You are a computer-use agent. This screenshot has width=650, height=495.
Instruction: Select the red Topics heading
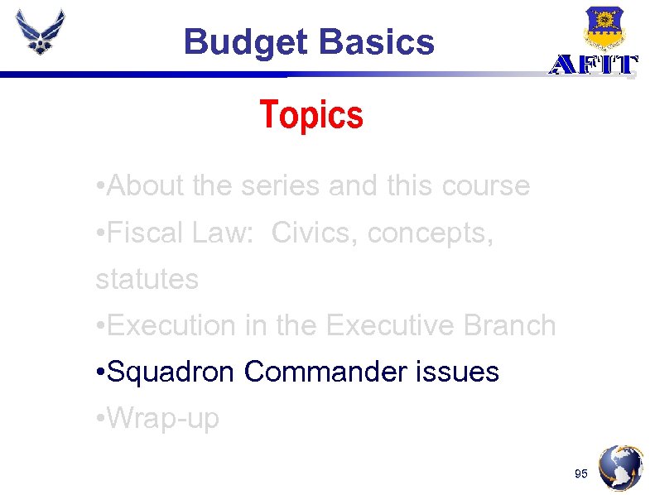tap(311, 115)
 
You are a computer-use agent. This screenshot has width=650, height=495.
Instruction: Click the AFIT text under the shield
tap(594, 65)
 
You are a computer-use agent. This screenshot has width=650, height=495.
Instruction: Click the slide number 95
tap(580, 473)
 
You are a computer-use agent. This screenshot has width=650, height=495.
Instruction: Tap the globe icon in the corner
tap(621, 468)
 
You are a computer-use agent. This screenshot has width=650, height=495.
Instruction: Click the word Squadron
tap(172, 372)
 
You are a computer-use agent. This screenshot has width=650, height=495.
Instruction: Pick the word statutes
tap(147, 280)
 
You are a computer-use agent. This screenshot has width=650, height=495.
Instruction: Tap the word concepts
tap(431, 233)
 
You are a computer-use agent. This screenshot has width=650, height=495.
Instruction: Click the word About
tap(146, 186)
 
